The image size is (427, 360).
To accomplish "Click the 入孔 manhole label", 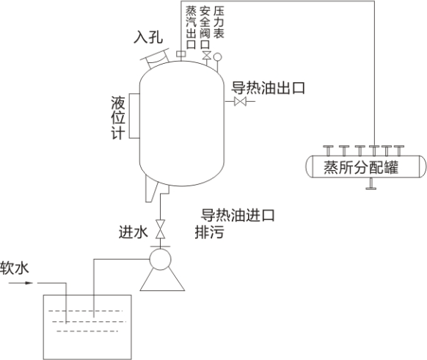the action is tap(148, 37).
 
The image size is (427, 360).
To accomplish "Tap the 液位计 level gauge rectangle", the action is tap(134, 116).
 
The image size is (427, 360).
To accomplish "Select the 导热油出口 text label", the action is tap(268, 88).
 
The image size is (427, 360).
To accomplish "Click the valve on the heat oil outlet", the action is tap(240, 101).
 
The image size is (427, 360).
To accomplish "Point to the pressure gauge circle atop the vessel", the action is tap(217, 57).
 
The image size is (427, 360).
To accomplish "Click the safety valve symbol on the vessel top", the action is tap(207, 55).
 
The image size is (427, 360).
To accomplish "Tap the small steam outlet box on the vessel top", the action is tap(180, 54).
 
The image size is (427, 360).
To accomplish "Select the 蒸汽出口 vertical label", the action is tap(191, 27).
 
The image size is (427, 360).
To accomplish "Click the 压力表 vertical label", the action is tap(219, 22).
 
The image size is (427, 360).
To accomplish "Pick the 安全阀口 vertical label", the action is tap(205, 27).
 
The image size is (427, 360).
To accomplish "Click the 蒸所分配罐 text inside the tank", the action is tap(361, 167).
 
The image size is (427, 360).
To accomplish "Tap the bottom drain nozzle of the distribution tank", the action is tap(371, 184).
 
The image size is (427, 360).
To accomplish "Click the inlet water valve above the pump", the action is tap(160, 229).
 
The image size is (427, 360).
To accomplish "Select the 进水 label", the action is tap(134, 232).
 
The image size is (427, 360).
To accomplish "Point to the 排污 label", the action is tap(209, 232).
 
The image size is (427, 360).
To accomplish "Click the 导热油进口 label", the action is tap(238, 216).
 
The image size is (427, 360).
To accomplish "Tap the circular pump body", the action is tap(160, 260).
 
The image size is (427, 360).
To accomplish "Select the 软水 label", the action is tap(15, 268).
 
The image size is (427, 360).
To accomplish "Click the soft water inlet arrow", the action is tap(21, 283).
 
